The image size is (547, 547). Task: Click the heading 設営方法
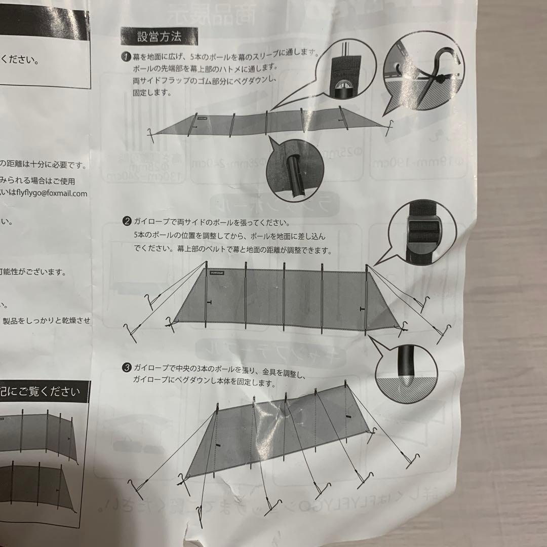point(159,36)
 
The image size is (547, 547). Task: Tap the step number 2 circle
point(127,221)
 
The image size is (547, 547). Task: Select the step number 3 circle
point(128,366)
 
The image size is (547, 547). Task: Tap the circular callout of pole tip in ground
point(406,374)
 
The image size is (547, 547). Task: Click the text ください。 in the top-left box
point(20,59)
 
